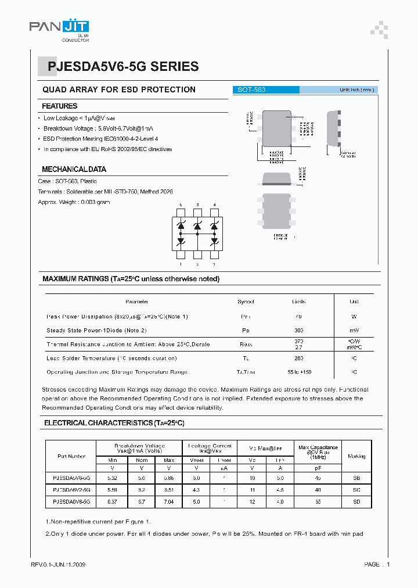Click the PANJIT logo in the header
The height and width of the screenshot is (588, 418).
60,27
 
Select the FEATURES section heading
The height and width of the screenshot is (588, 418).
60,106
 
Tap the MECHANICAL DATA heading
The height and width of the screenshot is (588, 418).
74,169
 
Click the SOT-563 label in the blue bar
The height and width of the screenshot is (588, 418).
251,90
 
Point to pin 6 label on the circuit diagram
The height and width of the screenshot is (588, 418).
181,205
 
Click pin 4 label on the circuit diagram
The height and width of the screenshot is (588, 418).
214,205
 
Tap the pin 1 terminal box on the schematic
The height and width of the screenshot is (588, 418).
181,254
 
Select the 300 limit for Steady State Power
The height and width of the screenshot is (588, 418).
299,330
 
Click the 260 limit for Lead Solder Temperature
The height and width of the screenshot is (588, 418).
299,358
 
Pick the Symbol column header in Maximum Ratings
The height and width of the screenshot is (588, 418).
246,302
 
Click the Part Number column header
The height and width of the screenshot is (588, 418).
72,457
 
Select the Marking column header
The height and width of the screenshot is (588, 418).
356,457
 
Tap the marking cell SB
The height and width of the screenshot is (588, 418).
356,478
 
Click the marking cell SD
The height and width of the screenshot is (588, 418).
356,501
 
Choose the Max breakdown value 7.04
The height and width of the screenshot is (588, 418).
169,501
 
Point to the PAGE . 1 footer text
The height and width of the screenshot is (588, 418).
377,565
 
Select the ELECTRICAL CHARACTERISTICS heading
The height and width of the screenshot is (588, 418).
114,424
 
